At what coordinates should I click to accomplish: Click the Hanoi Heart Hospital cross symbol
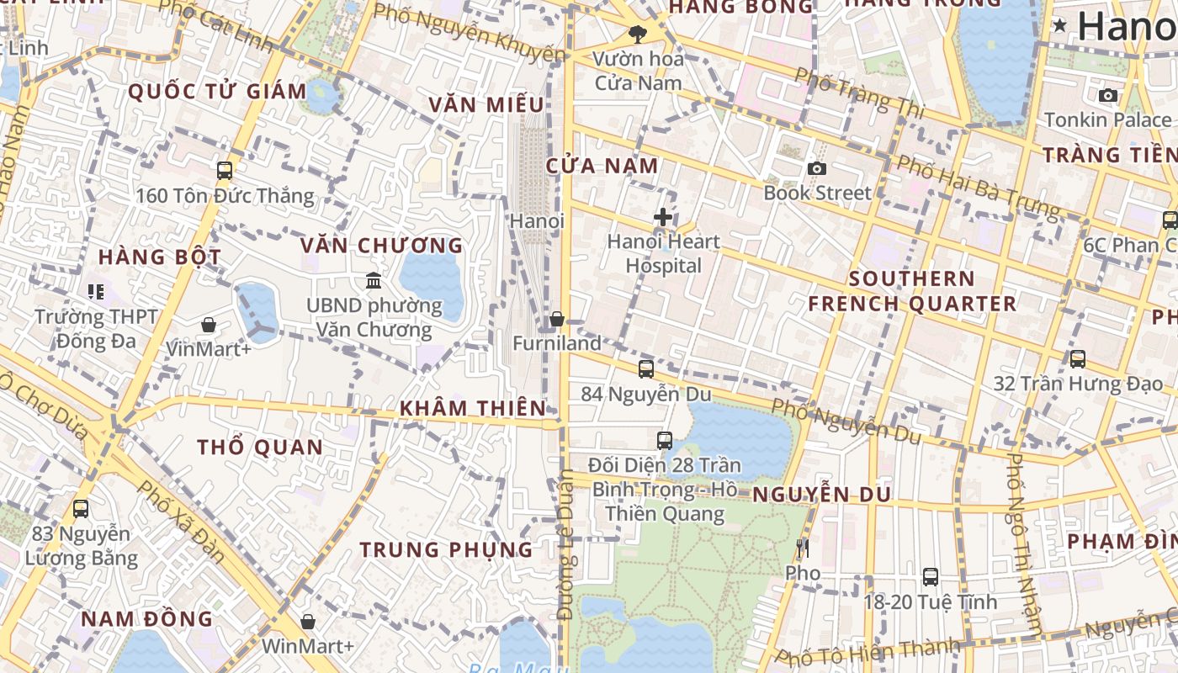coord(663,217)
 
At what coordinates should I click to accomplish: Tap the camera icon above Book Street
coord(816,168)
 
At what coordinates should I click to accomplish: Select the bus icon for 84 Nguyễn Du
coord(645,368)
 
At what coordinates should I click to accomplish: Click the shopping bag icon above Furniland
coord(556,320)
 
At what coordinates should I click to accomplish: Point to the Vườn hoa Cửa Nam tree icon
coord(638,34)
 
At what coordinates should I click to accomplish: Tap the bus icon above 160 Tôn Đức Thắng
coord(225,171)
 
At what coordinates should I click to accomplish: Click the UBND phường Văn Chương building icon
coord(374,280)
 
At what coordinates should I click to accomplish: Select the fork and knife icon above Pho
coord(802,548)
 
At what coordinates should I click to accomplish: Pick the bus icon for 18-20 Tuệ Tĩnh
coord(930,577)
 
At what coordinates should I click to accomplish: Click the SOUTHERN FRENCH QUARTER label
coord(912,291)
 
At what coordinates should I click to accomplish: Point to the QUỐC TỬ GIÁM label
coord(217,92)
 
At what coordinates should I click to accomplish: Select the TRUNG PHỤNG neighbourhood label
coord(446,549)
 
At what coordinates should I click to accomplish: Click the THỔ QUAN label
coord(260,447)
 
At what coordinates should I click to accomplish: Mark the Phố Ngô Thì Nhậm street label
coord(1026,543)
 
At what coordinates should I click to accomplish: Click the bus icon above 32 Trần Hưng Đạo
coord(1077,359)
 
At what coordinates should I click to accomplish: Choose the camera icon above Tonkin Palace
coord(1108,95)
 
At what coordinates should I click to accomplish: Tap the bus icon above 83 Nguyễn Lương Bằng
coord(81,509)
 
